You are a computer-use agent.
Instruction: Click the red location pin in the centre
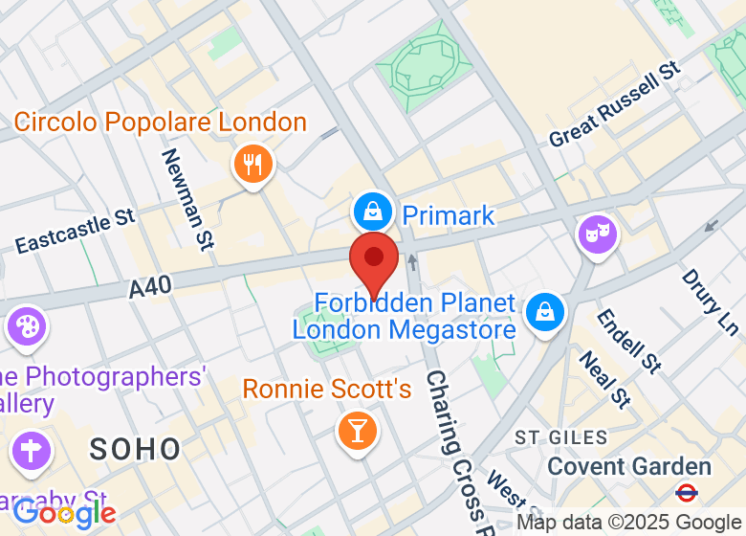(x=373, y=258)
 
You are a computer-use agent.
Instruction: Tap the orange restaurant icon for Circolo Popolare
(x=252, y=165)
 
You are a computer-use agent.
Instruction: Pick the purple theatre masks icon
(x=597, y=234)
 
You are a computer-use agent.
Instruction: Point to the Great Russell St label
(x=614, y=104)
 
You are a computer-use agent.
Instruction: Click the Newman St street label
(x=186, y=199)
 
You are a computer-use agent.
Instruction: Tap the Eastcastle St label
(x=76, y=231)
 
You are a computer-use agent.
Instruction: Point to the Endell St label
(x=629, y=341)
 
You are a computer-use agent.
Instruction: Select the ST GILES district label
(x=561, y=437)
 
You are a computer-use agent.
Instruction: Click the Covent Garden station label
(x=629, y=467)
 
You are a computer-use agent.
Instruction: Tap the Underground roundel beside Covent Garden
(x=686, y=493)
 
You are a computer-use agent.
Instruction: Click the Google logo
(x=64, y=514)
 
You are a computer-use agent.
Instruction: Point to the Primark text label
(x=449, y=214)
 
